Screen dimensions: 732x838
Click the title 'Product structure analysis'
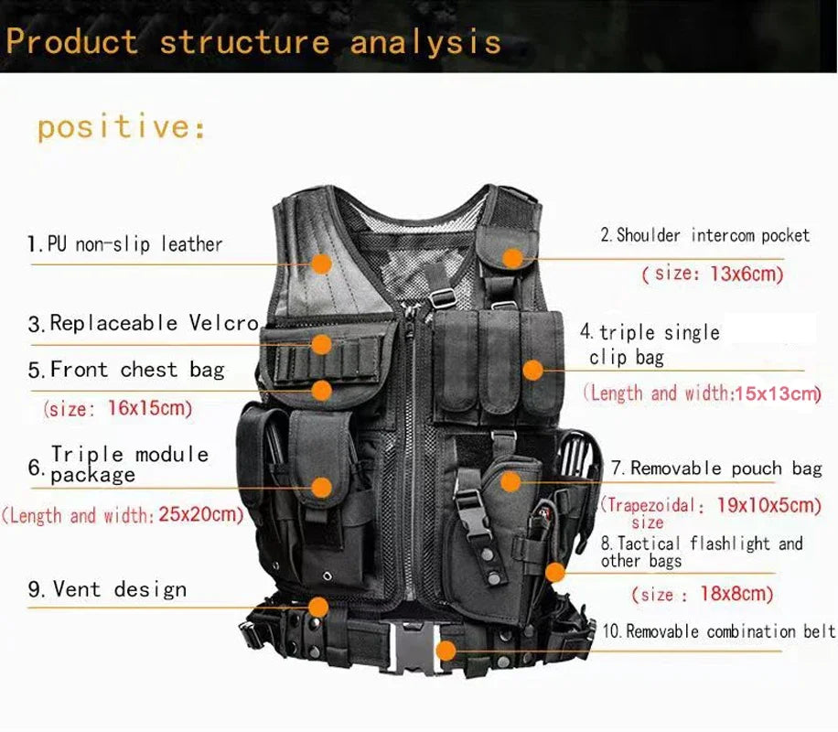click(x=253, y=42)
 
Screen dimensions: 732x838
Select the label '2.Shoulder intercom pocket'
click(x=704, y=236)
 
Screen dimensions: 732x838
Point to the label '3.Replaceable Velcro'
click(x=144, y=323)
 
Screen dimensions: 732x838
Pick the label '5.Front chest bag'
click(x=126, y=370)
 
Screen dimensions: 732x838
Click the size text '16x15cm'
click(x=150, y=409)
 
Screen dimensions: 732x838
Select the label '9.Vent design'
click(x=107, y=589)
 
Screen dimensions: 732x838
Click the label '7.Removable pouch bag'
click(x=716, y=468)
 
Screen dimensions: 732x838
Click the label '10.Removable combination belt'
click(x=718, y=631)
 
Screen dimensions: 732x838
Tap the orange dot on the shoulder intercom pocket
click(x=513, y=259)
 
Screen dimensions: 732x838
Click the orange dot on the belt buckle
click(x=446, y=651)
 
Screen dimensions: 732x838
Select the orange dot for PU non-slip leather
click(x=321, y=264)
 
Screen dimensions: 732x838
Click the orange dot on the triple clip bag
click(x=532, y=371)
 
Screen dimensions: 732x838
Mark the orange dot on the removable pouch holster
click(x=510, y=481)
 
